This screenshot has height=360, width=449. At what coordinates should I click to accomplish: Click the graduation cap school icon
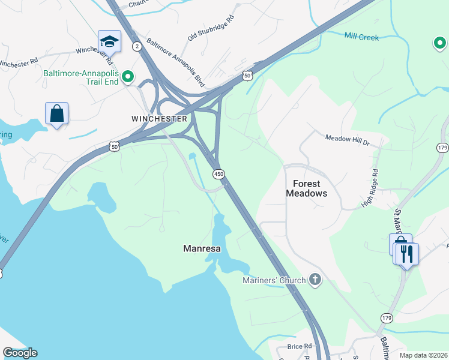point(109,41)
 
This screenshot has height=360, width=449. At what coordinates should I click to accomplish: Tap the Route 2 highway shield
point(137,46)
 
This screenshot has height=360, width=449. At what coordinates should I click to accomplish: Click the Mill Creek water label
point(361,37)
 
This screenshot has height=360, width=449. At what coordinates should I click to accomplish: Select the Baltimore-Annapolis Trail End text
point(81,76)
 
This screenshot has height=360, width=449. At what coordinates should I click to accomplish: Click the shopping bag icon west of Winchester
point(56,113)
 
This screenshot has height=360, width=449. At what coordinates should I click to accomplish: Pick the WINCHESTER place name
point(159,119)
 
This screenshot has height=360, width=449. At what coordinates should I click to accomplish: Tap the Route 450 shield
point(219,173)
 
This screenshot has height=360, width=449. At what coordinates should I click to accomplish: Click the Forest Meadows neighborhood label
point(310,188)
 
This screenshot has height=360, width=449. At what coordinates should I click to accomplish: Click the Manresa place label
point(201,248)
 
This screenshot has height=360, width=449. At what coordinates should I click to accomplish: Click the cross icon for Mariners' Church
point(315,280)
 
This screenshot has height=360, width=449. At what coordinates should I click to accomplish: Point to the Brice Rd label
point(300,346)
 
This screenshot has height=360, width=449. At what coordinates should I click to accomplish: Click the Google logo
point(20,353)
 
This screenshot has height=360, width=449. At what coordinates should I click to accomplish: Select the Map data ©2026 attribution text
point(423,355)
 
